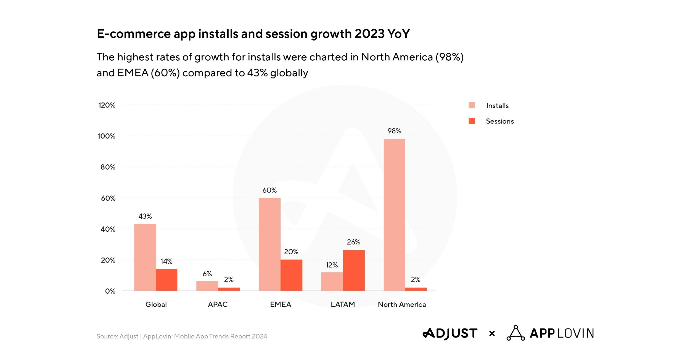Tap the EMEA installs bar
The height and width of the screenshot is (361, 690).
(x=269, y=244)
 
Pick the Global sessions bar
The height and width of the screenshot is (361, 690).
(x=166, y=280)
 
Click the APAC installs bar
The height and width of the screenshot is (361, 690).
(x=207, y=286)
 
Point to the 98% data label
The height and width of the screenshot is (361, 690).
(x=394, y=131)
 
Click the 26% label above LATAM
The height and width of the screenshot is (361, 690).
(x=353, y=242)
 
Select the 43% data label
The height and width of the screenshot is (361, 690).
(x=145, y=216)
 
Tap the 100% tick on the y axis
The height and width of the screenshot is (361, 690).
(x=106, y=136)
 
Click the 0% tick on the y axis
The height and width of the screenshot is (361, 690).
(x=110, y=291)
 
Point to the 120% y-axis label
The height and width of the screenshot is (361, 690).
(x=107, y=105)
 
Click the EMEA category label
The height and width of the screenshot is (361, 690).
(x=280, y=304)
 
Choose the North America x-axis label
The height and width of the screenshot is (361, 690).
(x=402, y=304)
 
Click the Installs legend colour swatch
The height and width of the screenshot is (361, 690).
(x=472, y=105)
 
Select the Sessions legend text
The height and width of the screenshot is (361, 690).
(x=499, y=121)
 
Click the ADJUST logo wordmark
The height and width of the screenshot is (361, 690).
(x=450, y=333)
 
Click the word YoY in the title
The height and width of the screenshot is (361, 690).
(x=398, y=34)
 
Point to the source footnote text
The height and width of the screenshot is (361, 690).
(x=182, y=336)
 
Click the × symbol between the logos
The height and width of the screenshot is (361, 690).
(x=492, y=334)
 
